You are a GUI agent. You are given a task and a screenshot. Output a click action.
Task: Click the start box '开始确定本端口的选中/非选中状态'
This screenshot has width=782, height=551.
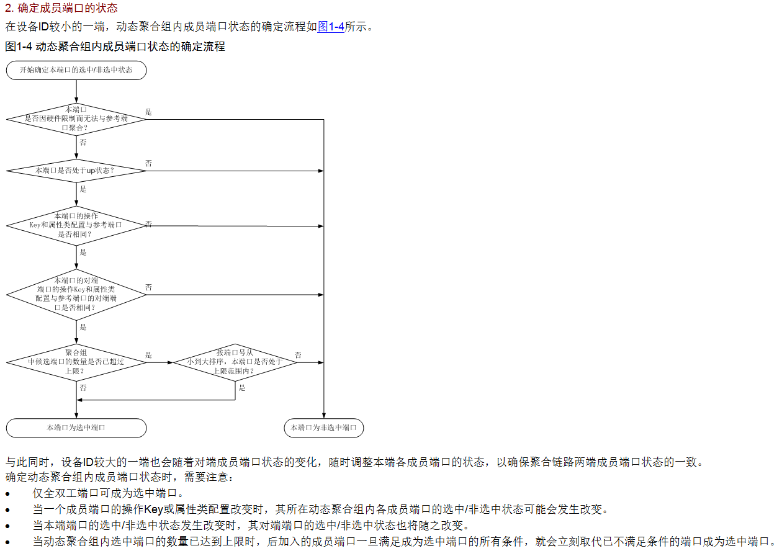76,70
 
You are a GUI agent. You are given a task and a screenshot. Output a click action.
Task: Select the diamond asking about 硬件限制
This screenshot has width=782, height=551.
76,119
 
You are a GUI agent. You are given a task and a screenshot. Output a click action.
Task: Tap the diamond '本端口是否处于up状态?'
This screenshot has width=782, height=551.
76,170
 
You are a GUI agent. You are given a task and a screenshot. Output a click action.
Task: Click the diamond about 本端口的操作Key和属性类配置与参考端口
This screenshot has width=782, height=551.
76,225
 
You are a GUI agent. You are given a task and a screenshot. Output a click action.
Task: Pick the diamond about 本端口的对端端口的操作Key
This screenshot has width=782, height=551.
76,294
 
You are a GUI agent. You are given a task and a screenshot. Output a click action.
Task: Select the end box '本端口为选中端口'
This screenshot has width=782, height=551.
76,428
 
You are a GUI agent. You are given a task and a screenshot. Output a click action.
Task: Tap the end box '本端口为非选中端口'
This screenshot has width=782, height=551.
323,428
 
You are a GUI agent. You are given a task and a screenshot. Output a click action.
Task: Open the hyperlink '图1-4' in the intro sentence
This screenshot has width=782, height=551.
331,27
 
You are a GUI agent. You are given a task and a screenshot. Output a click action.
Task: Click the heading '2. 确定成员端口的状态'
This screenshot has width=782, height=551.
61,9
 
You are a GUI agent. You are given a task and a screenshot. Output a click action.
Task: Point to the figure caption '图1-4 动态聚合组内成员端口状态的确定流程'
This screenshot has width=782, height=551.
115,47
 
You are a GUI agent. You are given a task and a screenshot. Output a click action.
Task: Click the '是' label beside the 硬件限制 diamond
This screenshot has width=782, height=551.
148,112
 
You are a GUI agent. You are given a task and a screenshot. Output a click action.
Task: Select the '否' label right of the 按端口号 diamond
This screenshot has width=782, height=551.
298,355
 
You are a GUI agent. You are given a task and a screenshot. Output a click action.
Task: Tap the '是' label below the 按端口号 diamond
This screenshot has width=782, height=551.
242,388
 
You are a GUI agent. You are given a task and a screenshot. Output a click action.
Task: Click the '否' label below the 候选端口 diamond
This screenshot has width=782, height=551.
83,387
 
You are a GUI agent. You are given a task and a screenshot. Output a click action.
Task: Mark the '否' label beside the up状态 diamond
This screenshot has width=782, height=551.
148,163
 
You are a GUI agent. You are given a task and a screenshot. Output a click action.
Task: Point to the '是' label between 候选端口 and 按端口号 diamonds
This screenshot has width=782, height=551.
148,355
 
